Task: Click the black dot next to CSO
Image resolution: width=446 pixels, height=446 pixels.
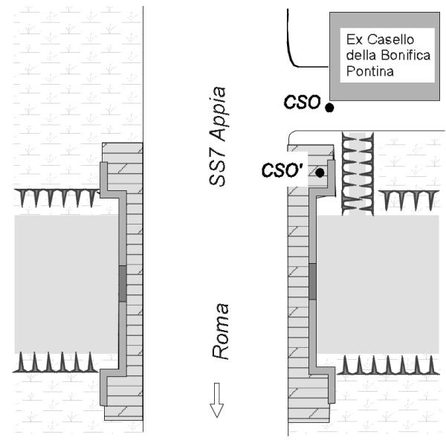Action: (x=329, y=108)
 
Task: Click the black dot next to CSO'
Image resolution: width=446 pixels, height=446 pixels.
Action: (x=320, y=172)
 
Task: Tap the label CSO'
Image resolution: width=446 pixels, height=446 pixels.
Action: (x=282, y=170)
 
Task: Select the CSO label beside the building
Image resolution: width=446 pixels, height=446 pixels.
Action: (x=302, y=102)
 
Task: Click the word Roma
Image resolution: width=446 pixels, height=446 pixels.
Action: (x=221, y=332)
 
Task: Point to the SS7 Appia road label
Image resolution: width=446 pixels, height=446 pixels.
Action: (x=218, y=137)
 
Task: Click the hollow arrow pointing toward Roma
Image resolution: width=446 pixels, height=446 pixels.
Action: (x=217, y=400)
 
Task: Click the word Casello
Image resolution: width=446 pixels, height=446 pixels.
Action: (x=390, y=39)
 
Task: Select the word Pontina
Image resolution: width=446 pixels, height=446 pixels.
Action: (x=369, y=71)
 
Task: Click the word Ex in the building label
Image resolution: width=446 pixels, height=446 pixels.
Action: (x=355, y=39)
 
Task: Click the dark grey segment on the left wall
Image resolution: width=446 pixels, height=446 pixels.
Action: (x=123, y=284)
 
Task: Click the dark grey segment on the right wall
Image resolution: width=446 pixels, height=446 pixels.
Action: (x=312, y=281)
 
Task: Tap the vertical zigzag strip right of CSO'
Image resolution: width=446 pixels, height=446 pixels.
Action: (x=358, y=174)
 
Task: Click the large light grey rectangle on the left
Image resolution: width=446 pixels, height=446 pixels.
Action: (x=67, y=284)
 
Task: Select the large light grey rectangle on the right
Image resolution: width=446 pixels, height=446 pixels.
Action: (x=378, y=285)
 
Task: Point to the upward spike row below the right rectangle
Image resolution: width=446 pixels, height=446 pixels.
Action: (x=388, y=365)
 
